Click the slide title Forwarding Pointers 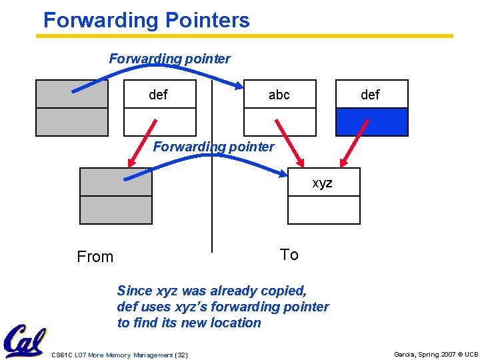click(x=146, y=20)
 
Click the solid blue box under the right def click(x=371, y=122)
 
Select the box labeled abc click(x=279, y=95)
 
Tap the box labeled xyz click(x=323, y=182)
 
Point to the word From click(x=95, y=257)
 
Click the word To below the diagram click(x=289, y=255)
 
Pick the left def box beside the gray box click(x=160, y=95)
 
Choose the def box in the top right click(x=371, y=95)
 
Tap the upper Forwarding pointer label click(x=170, y=59)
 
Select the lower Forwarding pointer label click(x=213, y=147)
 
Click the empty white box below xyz click(x=323, y=210)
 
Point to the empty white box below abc click(x=279, y=122)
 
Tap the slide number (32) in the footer click(x=181, y=355)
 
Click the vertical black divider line click(x=211, y=200)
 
